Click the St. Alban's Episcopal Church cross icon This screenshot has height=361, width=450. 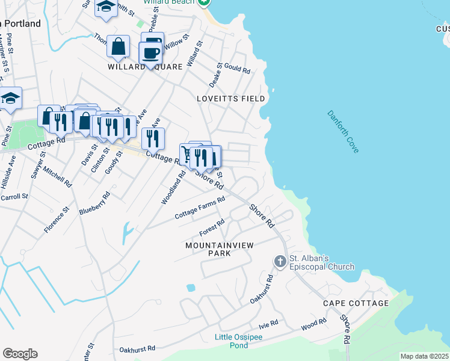[280, 262]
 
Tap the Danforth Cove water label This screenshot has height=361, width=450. [344, 131]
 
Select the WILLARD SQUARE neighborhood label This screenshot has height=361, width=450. [145, 67]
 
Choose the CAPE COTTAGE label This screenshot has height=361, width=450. [356, 303]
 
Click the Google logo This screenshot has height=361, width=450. [20, 354]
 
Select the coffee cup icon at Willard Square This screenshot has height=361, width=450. [150, 52]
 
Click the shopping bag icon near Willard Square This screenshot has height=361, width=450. [119, 46]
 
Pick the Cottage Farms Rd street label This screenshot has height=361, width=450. [200, 208]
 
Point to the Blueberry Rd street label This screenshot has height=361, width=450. [95, 203]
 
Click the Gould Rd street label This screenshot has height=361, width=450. [238, 70]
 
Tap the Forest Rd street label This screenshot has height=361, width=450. [212, 228]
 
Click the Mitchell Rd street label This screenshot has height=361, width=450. [57, 174]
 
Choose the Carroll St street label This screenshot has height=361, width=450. [14, 197]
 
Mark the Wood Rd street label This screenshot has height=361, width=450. [313, 325]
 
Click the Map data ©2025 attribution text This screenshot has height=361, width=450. [424, 356]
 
